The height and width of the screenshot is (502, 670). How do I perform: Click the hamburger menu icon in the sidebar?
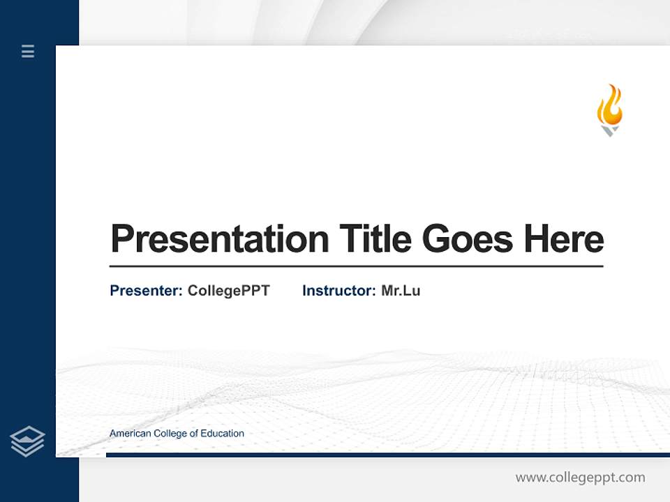[x=28, y=51]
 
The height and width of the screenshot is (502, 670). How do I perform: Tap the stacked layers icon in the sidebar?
[x=27, y=441]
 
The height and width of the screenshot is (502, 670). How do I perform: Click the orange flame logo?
[x=609, y=106]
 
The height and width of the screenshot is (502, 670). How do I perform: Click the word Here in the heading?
[x=564, y=238]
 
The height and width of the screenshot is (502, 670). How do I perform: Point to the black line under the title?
[x=356, y=266]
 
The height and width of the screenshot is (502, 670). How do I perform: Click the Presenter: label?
[x=147, y=291]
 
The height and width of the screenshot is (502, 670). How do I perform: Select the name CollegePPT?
[x=228, y=291]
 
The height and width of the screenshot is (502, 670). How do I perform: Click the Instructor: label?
[x=339, y=291]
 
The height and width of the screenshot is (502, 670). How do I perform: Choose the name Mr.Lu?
[x=401, y=291]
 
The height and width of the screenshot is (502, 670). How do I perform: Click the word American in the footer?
[x=130, y=434]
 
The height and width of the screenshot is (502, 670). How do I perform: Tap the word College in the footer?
[x=171, y=434]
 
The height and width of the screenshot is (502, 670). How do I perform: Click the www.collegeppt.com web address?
[x=580, y=478]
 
